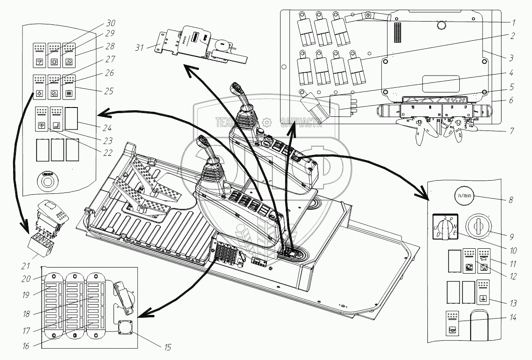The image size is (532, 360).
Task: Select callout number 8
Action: tap(511, 200)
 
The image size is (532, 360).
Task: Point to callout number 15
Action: tap(167, 347)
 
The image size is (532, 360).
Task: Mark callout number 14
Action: tap(512, 318)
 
